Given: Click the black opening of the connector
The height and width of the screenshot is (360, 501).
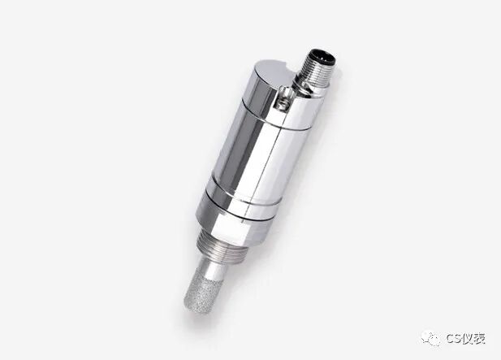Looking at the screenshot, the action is (323, 57).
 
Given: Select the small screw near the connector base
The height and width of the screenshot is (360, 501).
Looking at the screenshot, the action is (283, 102).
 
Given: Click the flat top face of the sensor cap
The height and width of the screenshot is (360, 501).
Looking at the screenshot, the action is (274, 73).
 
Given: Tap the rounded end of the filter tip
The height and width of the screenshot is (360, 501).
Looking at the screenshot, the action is (194, 306).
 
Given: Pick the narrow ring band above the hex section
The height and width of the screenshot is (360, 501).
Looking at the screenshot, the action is (243, 197).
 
